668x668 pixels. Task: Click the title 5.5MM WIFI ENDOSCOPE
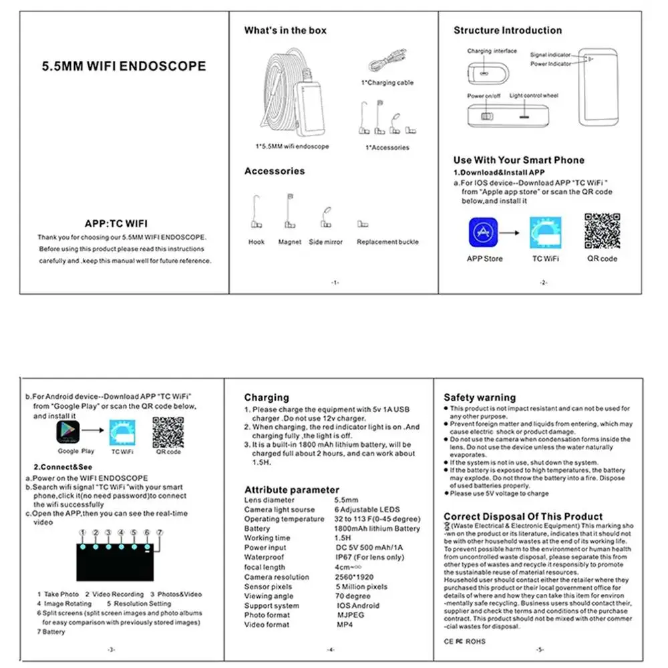click(x=124, y=66)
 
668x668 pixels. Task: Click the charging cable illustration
click(x=390, y=65)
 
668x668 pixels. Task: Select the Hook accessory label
click(x=256, y=242)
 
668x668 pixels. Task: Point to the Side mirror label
click(x=325, y=242)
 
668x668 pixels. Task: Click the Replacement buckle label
click(x=387, y=242)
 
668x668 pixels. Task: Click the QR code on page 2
click(x=602, y=231)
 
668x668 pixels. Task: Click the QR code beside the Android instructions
click(x=168, y=432)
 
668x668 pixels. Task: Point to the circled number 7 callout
click(x=160, y=532)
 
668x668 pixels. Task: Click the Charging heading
click(x=267, y=397)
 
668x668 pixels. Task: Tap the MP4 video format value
click(x=345, y=625)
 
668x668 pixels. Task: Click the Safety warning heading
click(x=480, y=397)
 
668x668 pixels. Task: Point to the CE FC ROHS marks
click(x=465, y=641)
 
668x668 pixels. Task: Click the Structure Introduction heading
click(x=508, y=30)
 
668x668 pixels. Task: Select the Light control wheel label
click(x=533, y=96)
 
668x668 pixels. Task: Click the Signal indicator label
click(x=550, y=55)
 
